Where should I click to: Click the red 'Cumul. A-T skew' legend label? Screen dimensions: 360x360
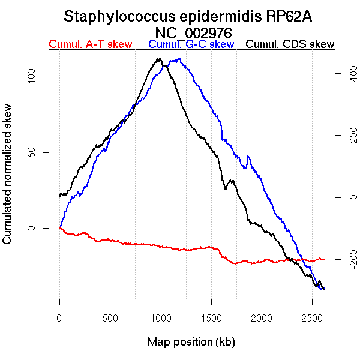pos(90,44)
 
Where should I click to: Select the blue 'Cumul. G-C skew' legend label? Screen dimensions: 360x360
pos(191,44)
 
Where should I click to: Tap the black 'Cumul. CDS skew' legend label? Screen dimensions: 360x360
pos(290,44)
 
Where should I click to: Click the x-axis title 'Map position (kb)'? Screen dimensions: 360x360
pos(191,342)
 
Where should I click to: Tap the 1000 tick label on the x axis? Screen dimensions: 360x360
pos(161,317)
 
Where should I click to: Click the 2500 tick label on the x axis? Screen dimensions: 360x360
pos(312,317)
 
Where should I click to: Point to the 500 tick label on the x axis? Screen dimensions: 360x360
pos(110,317)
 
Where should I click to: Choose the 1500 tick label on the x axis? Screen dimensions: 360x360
pos(211,317)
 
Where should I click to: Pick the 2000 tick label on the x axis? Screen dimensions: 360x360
pos(262,317)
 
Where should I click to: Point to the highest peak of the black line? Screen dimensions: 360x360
pos(158,58)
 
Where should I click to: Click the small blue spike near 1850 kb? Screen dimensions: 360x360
pos(248,157)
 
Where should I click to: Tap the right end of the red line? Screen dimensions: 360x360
pos(324,259)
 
